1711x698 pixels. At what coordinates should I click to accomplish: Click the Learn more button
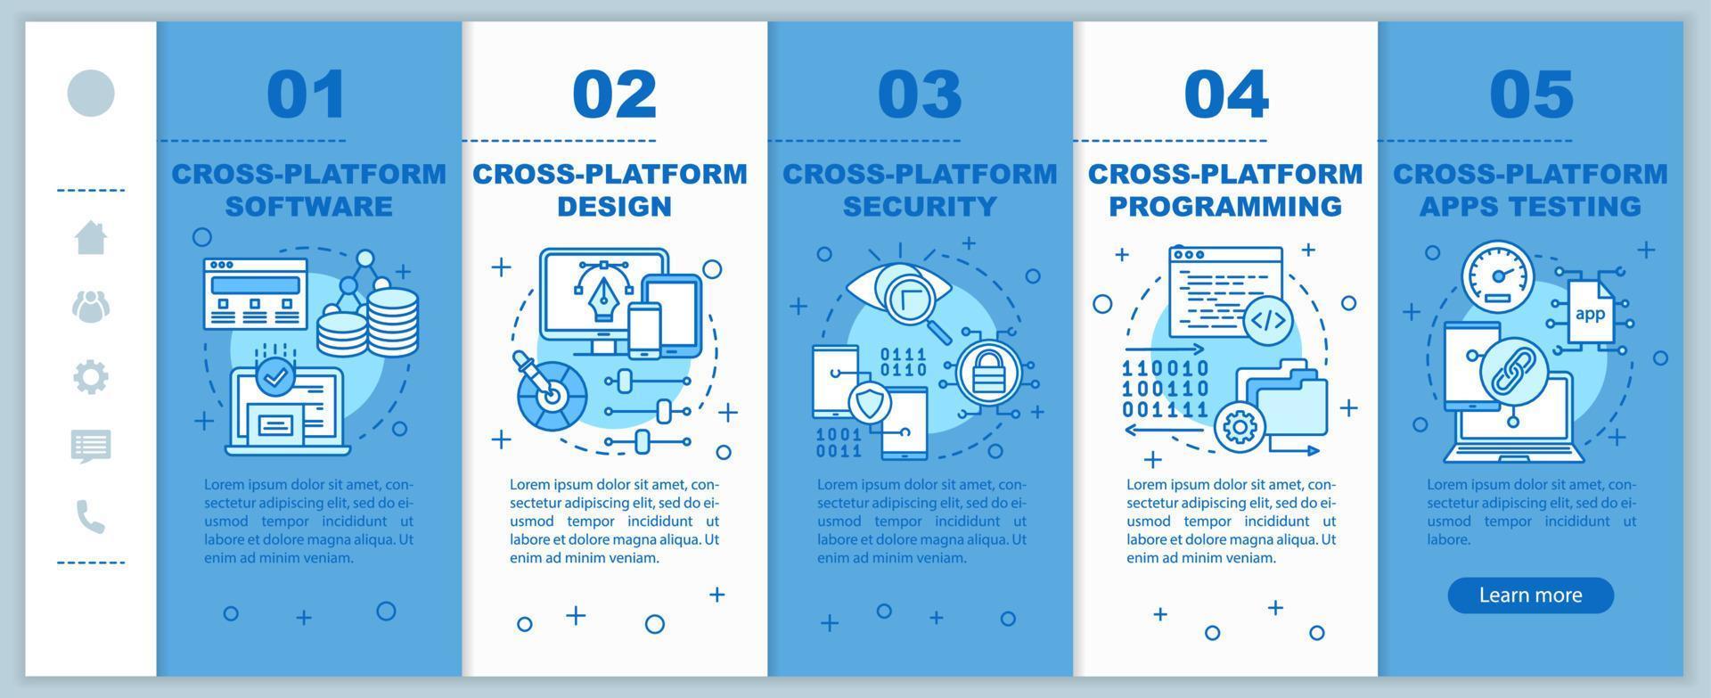pyautogui.click(x=1530, y=595)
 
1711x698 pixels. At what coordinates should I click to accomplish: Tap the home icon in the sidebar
pyautogui.click(x=91, y=237)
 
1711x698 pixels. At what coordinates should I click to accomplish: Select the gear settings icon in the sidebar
pyautogui.click(x=91, y=377)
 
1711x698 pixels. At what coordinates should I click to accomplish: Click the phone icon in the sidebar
pyautogui.click(x=91, y=517)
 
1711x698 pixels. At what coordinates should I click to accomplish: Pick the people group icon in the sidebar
pyautogui.click(x=91, y=307)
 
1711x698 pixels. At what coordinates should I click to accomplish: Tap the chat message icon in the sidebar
pyautogui.click(x=91, y=447)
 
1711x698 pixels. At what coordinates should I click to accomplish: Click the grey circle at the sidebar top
pyautogui.click(x=91, y=93)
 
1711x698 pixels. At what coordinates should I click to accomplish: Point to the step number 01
pyautogui.click(x=307, y=94)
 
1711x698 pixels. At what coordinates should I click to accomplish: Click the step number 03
pyautogui.click(x=920, y=94)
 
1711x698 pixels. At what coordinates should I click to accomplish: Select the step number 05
pyautogui.click(x=1532, y=94)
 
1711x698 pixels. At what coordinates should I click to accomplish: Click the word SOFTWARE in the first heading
pyautogui.click(x=308, y=206)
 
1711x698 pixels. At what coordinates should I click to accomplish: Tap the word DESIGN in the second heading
pyautogui.click(x=614, y=206)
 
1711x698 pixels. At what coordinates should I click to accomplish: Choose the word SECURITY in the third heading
pyautogui.click(x=920, y=206)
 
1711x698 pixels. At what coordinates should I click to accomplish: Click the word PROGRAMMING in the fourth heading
pyautogui.click(x=1225, y=206)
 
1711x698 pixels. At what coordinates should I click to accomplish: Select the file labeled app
pyautogui.click(x=1591, y=312)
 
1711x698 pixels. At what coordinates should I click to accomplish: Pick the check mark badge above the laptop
pyautogui.click(x=276, y=377)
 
